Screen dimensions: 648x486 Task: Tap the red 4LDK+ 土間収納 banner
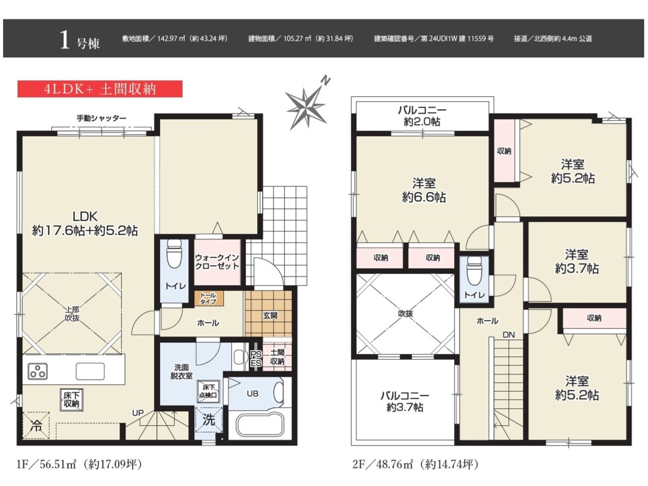click(x=100, y=89)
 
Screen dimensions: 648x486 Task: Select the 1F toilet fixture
click(x=174, y=253)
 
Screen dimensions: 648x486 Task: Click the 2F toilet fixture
click(x=474, y=270)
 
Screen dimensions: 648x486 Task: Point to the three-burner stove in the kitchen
click(x=37, y=371)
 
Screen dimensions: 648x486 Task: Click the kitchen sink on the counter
click(x=90, y=371)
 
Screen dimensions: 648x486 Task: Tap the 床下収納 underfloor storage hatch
click(x=71, y=400)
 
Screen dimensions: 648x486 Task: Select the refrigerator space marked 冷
click(x=36, y=426)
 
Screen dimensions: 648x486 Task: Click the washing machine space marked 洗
click(x=209, y=420)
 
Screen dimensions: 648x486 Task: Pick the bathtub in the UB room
click(x=260, y=425)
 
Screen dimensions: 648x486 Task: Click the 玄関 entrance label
click(x=270, y=315)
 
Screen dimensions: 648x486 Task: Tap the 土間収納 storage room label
click(x=277, y=357)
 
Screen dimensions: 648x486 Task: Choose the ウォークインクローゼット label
click(x=217, y=262)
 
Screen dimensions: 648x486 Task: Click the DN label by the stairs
click(x=509, y=335)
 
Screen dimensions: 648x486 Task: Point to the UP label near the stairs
click(x=138, y=413)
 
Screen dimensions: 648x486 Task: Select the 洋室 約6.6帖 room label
click(x=424, y=190)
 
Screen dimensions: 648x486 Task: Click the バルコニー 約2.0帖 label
click(x=422, y=115)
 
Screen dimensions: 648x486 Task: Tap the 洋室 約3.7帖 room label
click(x=577, y=261)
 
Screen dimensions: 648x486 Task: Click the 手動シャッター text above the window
click(x=102, y=118)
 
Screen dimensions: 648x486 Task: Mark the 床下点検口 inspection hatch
click(x=209, y=391)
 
